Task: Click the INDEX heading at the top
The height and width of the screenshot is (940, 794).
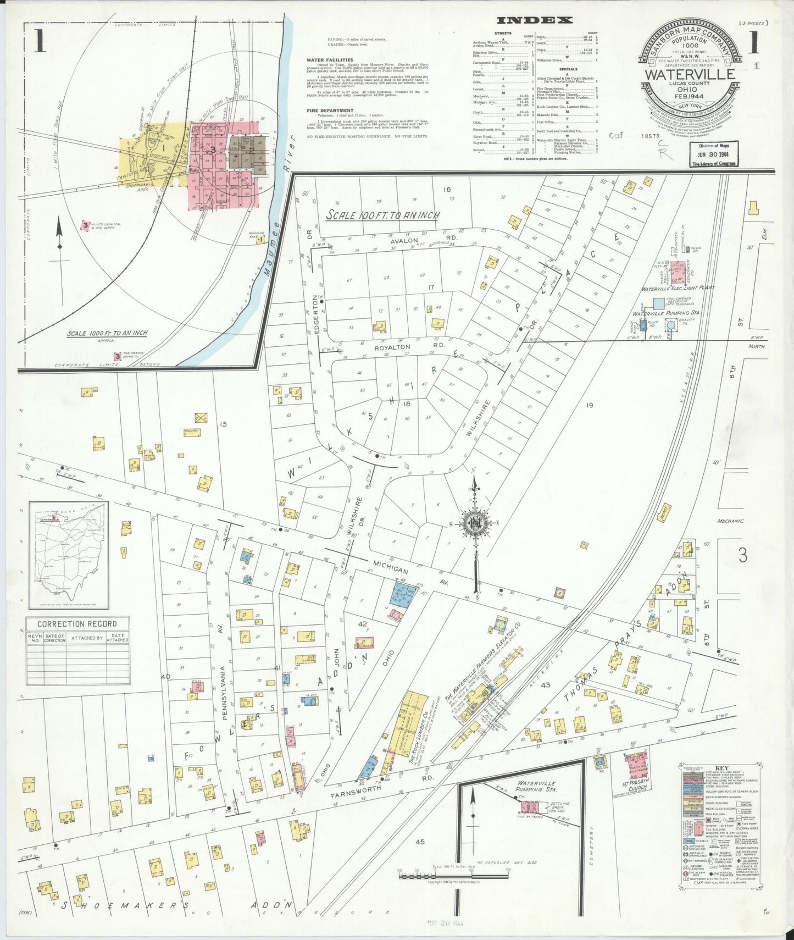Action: (x=534, y=21)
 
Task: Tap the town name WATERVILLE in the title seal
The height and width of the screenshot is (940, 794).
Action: (x=690, y=74)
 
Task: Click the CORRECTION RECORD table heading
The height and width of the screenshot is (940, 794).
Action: (x=77, y=624)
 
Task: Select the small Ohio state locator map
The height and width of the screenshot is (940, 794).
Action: (x=69, y=555)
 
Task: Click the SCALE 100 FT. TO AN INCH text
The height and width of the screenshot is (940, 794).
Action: (x=382, y=215)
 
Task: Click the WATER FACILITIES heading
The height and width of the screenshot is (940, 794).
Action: (x=330, y=60)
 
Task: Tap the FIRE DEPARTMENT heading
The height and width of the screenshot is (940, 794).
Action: (x=330, y=110)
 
